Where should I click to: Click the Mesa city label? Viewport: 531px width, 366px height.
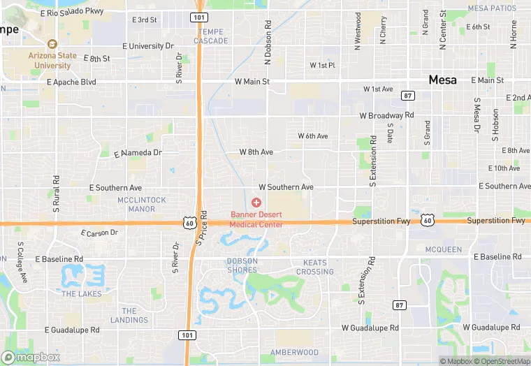[x=443, y=80]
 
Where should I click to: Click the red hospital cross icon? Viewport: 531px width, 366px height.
[x=256, y=202]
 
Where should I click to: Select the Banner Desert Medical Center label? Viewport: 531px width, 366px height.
[x=257, y=219]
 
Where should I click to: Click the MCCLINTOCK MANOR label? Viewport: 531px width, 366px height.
[x=142, y=204]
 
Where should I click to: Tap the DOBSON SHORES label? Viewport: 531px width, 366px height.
[x=242, y=265]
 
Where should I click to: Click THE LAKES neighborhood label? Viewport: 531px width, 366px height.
[x=81, y=294]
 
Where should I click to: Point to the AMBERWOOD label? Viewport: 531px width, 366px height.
[x=294, y=353]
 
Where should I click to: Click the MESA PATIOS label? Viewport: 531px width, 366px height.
[x=492, y=8]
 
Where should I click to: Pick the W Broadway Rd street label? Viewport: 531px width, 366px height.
[x=386, y=115]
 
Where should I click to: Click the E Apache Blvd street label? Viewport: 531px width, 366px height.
[x=71, y=82]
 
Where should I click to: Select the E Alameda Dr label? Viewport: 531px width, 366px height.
[x=137, y=152]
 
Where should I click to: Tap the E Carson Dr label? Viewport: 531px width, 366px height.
[x=99, y=233]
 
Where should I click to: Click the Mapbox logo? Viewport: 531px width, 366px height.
[x=30, y=357]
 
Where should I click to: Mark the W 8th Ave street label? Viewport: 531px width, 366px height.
[x=256, y=152]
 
